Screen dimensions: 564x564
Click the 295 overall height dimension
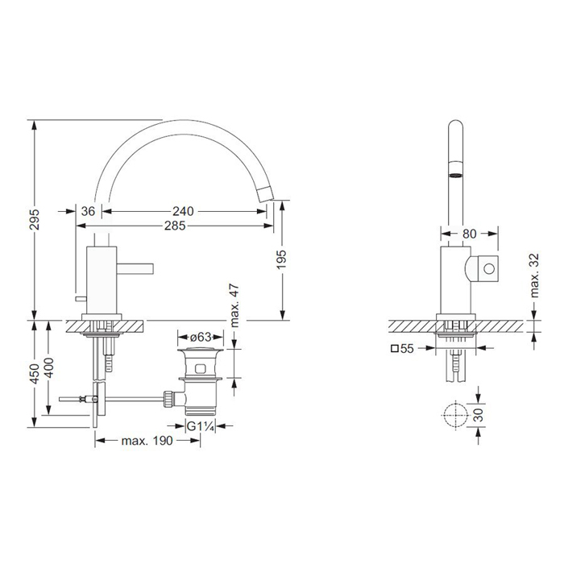coord(34,219)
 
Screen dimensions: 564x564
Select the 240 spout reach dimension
coord(183,211)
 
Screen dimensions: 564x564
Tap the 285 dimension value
coord(175,226)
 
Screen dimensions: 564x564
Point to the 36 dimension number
coord(88,211)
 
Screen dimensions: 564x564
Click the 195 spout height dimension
coord(281,259)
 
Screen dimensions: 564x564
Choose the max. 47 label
coord(234,305)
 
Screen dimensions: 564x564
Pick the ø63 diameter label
coord(201,338)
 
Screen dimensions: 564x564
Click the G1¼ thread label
coord(201,427)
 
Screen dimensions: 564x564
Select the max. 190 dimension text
coord(147,441)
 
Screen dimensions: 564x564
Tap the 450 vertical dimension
coord(34,374)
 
